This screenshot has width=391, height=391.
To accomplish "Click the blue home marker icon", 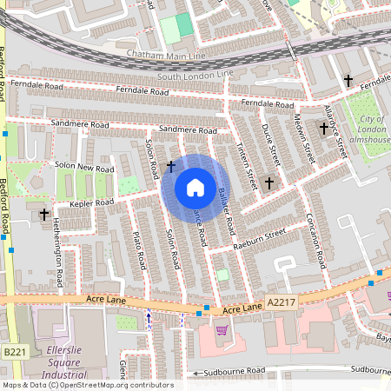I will tap(195, 188).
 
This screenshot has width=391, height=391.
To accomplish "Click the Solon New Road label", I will tap(84, 166).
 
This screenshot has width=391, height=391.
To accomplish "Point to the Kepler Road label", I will tap(92, 202).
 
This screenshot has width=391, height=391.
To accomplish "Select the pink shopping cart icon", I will tap(222, 329).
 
